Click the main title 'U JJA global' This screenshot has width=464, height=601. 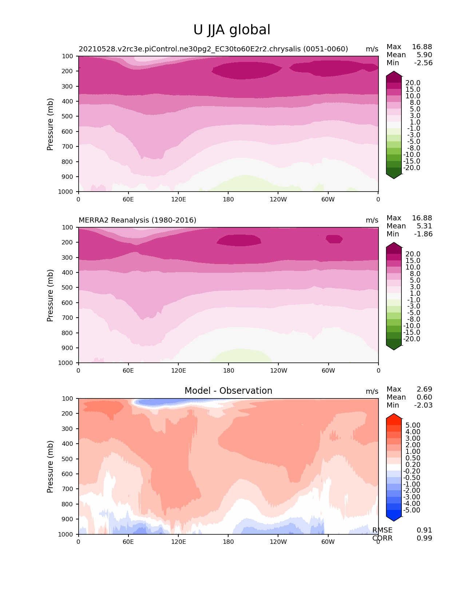coord(232,30)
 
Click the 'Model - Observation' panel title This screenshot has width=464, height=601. coord(228,391)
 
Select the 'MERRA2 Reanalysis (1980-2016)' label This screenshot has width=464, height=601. coord(138,220)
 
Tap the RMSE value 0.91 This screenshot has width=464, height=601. coord(424,530)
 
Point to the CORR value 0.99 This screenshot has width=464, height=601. coord(424,538)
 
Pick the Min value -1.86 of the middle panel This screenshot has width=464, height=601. coord(423,234)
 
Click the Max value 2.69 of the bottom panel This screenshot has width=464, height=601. coord(424,389)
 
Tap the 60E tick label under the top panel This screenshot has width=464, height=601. coord(128,199)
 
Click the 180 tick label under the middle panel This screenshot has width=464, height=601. coord(229,370)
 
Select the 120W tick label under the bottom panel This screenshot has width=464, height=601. coord(278,542)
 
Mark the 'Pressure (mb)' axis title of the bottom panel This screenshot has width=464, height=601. coord(50,467)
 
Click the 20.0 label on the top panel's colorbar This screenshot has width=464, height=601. coord(413,83)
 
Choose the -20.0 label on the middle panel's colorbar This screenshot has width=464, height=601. coord(412,339)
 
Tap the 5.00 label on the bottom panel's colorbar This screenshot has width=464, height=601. coord(413,425)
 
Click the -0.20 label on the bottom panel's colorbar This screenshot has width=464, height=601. coord(412,471)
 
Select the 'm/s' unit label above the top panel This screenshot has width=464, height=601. coord(372,49)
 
